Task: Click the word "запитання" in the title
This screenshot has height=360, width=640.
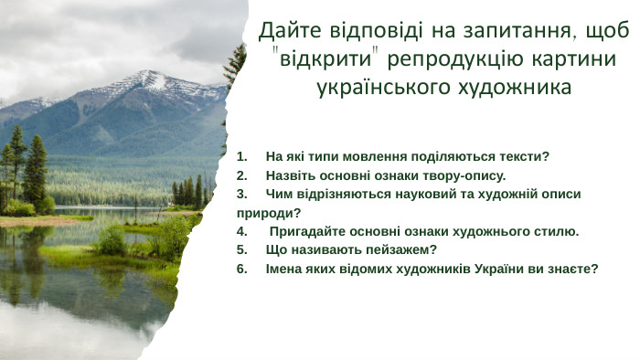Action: [x=502, y=32]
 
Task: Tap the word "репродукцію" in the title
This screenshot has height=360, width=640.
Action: [x=457, y=60]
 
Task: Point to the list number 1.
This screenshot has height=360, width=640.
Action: [x=240, y=156]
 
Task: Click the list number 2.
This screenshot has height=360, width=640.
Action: [x=240, y=175]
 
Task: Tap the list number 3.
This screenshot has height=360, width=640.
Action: [x=240, y=195]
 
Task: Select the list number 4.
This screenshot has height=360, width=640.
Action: [x=240, y=231]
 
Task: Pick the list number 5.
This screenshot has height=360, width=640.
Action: [x=240, y=249]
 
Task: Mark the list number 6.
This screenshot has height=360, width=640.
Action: [x=240, y=269]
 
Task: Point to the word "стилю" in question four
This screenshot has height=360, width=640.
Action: [x=557, y=231]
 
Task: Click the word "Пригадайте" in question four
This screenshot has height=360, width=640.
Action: [x=305, y=231]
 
